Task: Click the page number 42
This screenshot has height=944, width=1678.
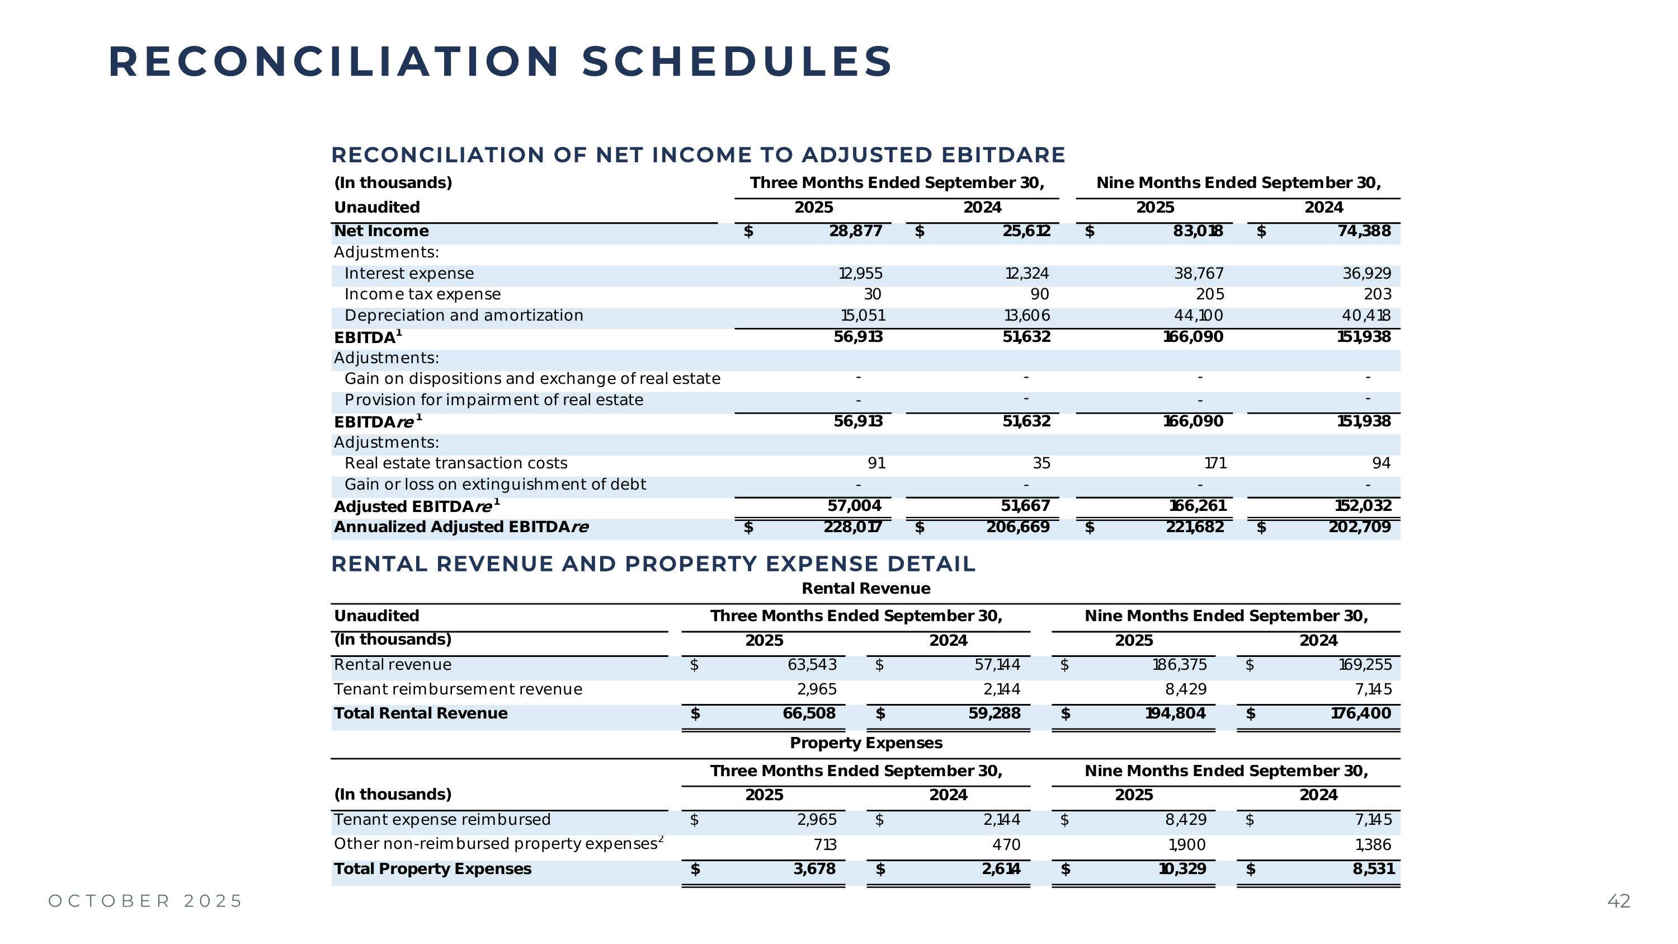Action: pyautogui.click(x=1619, y=901)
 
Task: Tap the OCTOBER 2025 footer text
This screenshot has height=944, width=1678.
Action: pyautogui.click(x=145, y=901)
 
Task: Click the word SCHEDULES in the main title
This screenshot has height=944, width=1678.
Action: pyautogui.click(x=736, y=62)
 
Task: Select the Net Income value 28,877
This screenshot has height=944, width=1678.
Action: pyautogui.click(x=855, y=231)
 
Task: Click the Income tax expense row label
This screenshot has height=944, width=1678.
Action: pyautogui.click(x=422, y=294)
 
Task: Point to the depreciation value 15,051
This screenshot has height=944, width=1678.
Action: pyautogui.click(x=862, y=316)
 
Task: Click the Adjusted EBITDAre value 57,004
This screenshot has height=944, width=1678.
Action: pyautogui.click(x=854, y=506)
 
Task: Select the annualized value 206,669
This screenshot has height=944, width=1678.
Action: pyautogui.click(x=1017, y=527)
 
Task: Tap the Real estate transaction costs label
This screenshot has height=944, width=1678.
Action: pyautogui.click(x=455, y=463)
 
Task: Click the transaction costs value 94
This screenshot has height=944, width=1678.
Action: pyautogui.click(x=1381, y=463)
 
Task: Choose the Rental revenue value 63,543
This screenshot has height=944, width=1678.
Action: pyautogui.click(x=812, y=665)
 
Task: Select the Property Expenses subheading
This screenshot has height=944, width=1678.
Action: pyautogui.click(x=866, y=743)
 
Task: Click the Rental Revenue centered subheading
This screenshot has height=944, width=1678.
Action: pyautogui.click(x=866, y=589)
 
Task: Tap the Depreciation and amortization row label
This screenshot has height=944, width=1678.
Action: pyautogui.click(x=463, y=316)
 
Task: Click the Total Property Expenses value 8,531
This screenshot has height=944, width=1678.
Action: pyautogui.click(x=1373, y=869)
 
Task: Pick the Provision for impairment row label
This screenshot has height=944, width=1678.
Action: pyautogui.click(x=493, y=400)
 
